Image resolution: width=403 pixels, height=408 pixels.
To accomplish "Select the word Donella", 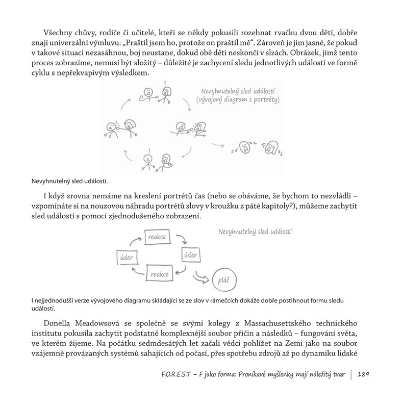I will coord(62,324).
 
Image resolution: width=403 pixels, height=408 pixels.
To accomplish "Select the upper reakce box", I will coord(157,237).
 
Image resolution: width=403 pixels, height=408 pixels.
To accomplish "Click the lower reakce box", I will coord(159,274).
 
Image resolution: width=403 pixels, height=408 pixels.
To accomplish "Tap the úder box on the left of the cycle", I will coord(127,258).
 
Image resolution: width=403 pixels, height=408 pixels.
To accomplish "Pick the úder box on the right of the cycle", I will coord(190,255).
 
